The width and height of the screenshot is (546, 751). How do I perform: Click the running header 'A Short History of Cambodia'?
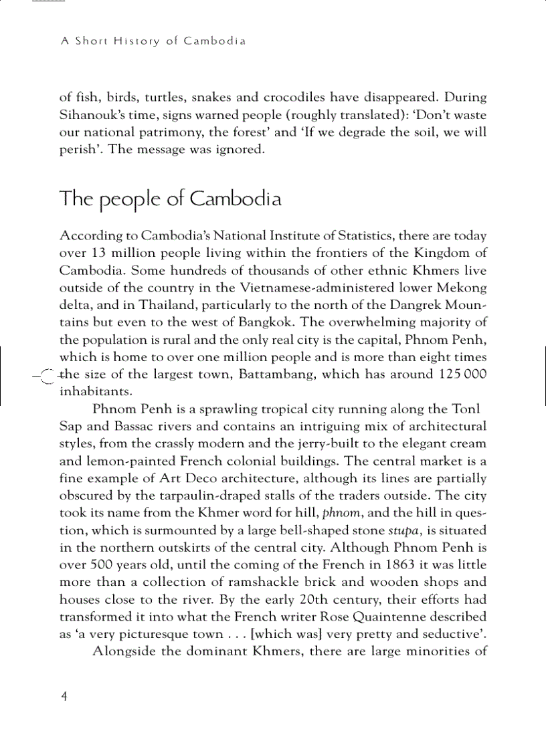pos(153,41)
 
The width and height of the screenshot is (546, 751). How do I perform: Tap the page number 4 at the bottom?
pos(64,696)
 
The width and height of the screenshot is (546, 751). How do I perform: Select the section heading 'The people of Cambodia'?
pos(170,199)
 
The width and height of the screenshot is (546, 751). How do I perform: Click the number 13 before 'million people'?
pos(99,253)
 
